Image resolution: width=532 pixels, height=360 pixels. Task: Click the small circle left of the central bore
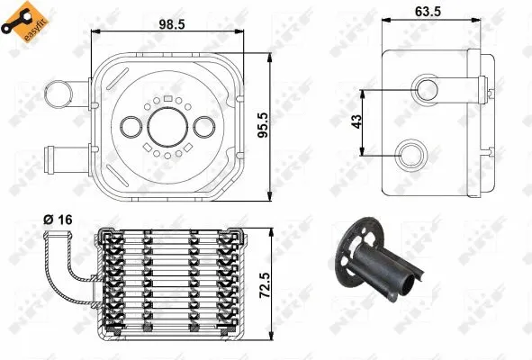click(x=132, y=127)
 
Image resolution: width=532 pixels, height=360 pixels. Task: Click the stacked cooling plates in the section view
click(x=171, y=279)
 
